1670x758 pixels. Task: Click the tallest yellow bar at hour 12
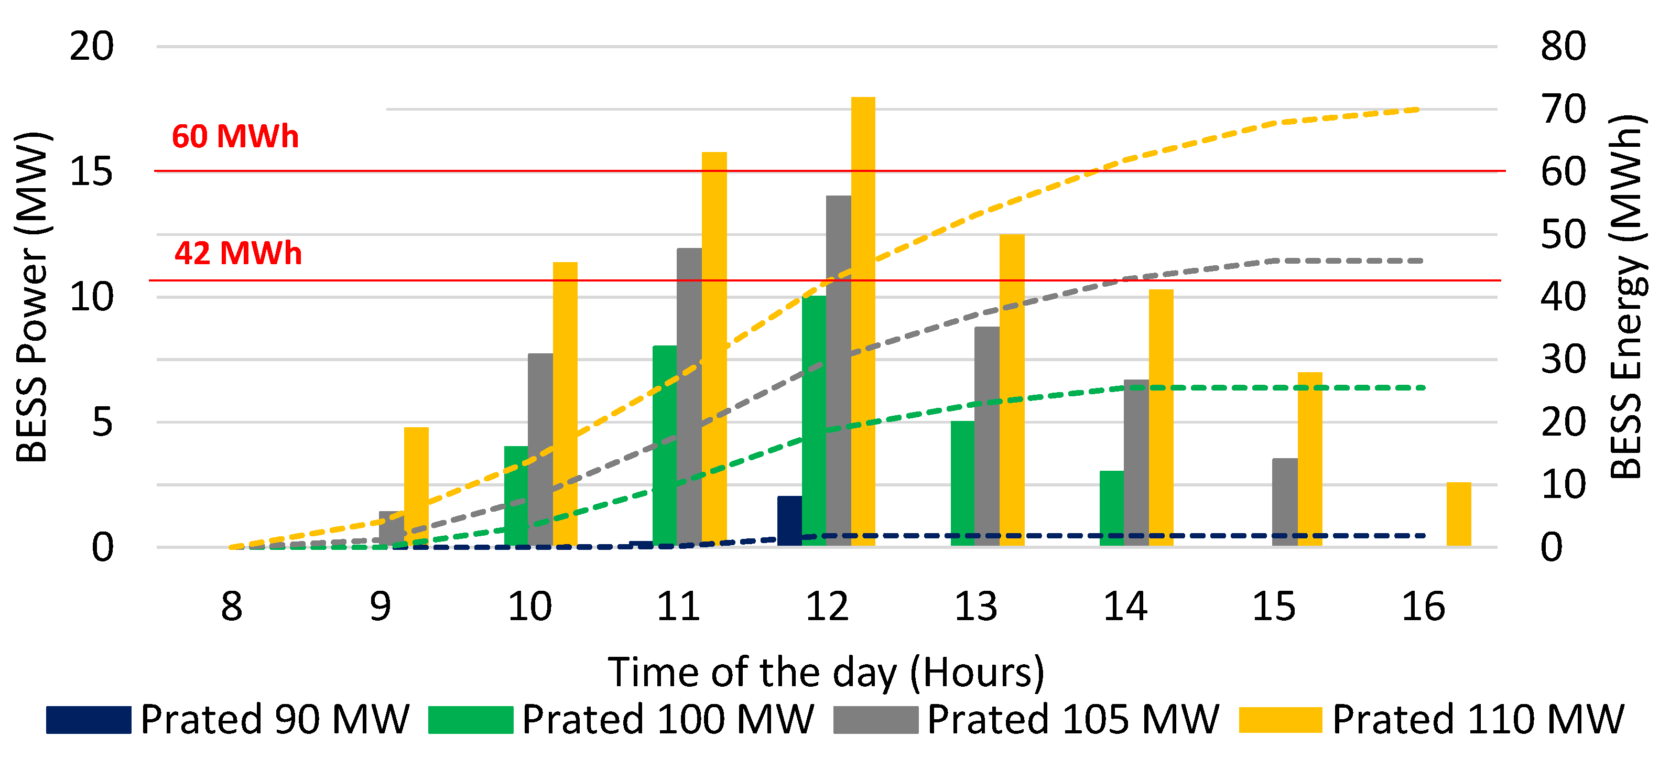pos(863,321)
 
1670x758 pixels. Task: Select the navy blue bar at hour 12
pos(789,521)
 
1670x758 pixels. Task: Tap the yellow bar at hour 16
pos(1459,514)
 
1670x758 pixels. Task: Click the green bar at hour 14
pos(1111,508)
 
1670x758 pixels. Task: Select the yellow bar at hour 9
pos(416,486)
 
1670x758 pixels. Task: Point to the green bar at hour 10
pos(516,496)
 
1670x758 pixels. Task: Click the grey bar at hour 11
pos(689,396)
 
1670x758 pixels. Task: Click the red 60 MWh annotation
pos(235,137)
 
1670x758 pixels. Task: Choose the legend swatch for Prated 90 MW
pos(88,720)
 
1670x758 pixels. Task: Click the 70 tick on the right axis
pos(1563,110)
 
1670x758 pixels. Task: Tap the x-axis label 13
pos(975,607)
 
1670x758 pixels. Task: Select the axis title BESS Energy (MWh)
pos(1626,297)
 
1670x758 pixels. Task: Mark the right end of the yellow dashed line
pos(1418,110)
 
